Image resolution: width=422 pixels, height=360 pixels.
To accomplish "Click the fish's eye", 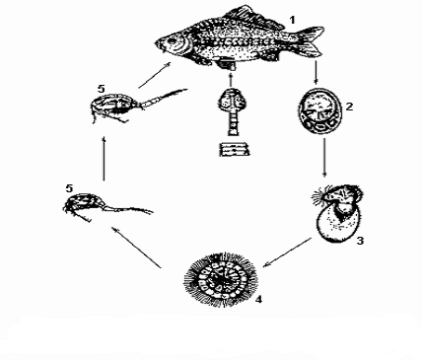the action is click(x=171, y=41).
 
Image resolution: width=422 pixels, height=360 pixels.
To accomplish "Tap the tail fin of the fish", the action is click(x=312, y=40).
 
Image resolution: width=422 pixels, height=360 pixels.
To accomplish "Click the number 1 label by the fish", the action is click(x=292, y=21).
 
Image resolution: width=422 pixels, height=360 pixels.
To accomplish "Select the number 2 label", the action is click(x=349, y=107).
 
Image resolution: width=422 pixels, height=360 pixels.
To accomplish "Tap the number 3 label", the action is click(x=360, y=241).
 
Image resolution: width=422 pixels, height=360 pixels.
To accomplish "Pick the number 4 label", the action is click(x=258, y=300).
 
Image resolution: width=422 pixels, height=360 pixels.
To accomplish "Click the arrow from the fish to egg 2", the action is click(x=316, y=72).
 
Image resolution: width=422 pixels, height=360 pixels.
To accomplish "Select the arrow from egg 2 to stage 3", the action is click(x=324, y=158).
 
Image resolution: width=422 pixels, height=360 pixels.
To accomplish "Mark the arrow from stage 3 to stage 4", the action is click(x=287, y=252).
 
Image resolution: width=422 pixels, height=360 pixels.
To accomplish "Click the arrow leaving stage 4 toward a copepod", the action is click(x=136, y=247).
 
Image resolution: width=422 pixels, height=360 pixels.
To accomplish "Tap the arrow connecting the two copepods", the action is click(x=104, y=159).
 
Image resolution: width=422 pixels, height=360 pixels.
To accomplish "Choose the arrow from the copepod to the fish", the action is click(x=155, y=75).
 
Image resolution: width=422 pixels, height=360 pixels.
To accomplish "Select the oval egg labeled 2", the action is click(x=319, y=110).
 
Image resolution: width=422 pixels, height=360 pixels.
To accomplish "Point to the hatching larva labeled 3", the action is click(x=338, y=213).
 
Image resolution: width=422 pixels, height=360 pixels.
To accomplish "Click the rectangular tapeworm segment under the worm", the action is click(x=234, y=150).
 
